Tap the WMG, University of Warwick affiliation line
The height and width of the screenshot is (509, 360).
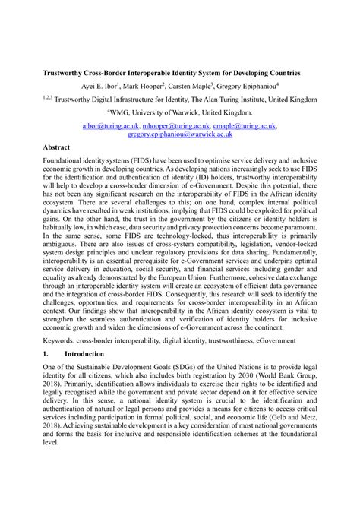tap(179, 110)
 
